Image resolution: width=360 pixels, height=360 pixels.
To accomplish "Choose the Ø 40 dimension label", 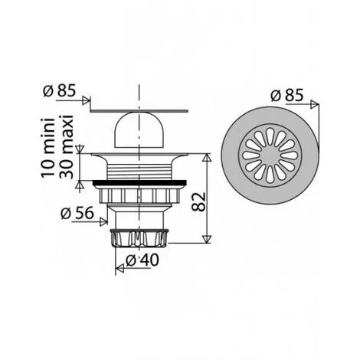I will tap(139, 259).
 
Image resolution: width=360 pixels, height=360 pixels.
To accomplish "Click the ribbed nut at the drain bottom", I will tap(141, 234).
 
